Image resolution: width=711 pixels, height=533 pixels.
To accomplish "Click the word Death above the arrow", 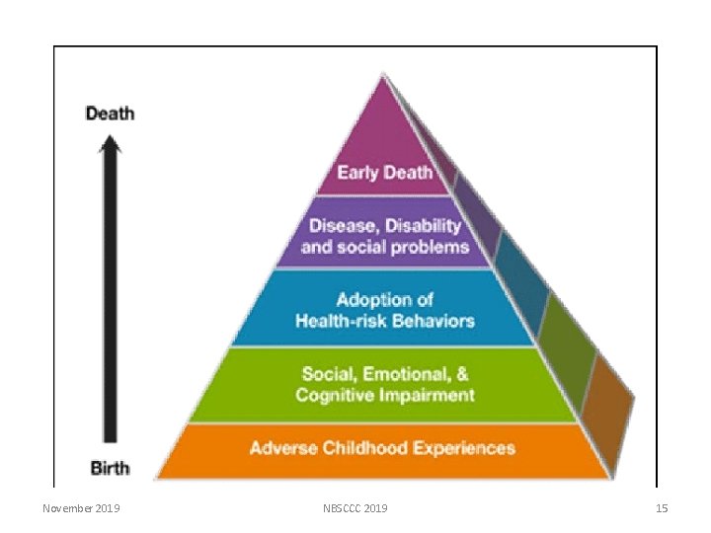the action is [111, 114].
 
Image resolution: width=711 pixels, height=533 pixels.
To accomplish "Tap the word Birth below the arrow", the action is [111, 468].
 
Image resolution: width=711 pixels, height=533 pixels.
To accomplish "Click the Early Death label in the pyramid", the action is [384, 173].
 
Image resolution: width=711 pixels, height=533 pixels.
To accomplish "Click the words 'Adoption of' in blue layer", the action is [384, 300].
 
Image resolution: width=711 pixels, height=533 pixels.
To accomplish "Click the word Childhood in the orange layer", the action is [365, 448].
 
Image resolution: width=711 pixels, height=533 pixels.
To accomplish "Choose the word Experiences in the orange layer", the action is [464, 448].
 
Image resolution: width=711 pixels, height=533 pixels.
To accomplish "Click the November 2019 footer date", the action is [81, 508].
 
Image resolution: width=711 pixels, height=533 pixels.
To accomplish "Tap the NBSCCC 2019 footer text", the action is [355, 508].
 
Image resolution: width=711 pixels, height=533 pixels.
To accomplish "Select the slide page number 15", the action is [662, 508].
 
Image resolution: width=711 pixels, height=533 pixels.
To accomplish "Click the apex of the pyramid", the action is [383, 73].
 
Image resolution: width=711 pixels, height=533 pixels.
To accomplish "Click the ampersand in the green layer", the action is [462, 374].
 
